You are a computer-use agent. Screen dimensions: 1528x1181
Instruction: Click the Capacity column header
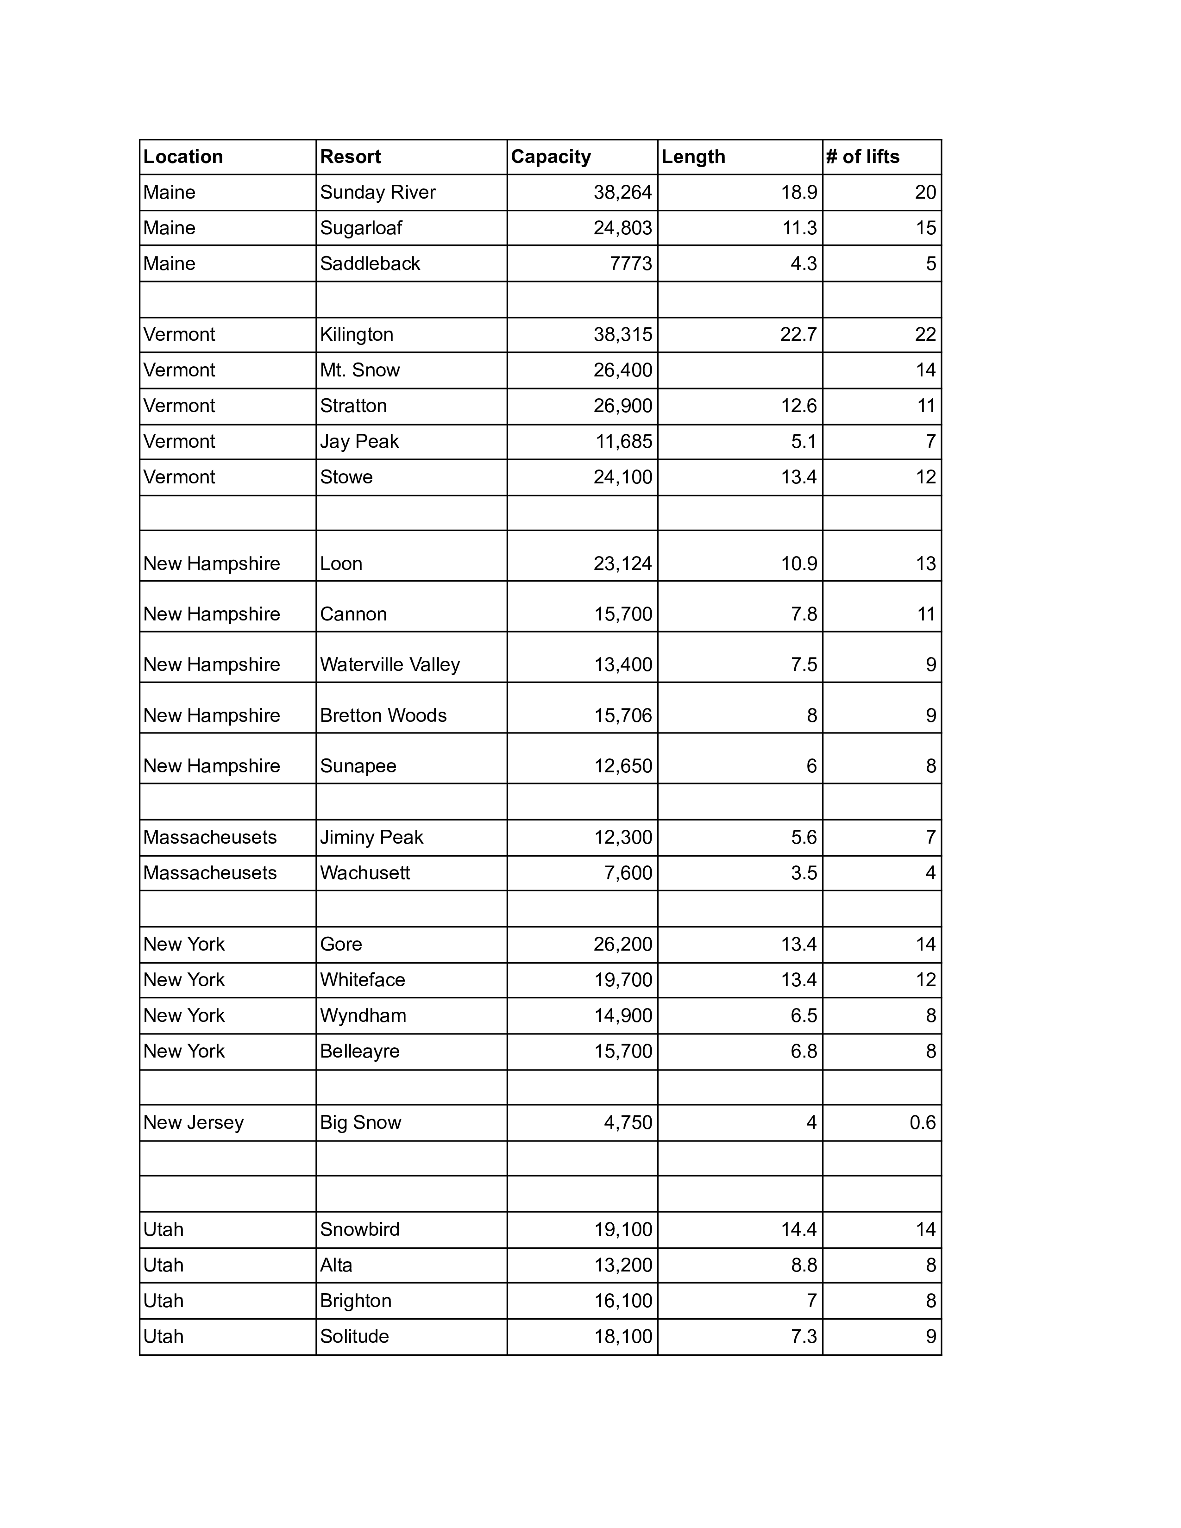[551, 157]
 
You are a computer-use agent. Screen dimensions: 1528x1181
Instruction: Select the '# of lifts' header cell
[863, 157]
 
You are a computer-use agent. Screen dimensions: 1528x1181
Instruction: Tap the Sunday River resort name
[378, 193]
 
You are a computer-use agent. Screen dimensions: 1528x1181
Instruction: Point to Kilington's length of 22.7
[798, 334]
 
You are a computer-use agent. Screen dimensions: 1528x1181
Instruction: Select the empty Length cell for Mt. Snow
[740, 370]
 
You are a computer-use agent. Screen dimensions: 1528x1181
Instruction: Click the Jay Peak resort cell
[359, 441]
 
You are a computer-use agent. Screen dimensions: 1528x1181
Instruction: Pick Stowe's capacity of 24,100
[622, 477]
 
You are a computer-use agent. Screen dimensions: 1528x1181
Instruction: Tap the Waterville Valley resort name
[389, 664]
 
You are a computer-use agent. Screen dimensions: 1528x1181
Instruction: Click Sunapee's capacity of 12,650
[622, 766]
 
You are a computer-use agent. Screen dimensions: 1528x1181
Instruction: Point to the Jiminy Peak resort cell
[371, 838]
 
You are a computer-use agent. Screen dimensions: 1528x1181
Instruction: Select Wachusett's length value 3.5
[804, 873]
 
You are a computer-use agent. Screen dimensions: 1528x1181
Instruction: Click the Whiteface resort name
[363, 980]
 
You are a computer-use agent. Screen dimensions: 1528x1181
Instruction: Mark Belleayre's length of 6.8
[804, 1052]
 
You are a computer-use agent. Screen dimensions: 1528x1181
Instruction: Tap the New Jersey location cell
[193, 1123]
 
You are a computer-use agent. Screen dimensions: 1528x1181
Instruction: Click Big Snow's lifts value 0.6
[922, 1123]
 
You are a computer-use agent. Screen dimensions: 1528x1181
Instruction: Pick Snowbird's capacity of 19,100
[622, 1230]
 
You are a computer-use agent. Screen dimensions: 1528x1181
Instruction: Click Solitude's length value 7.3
[804, 1337]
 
